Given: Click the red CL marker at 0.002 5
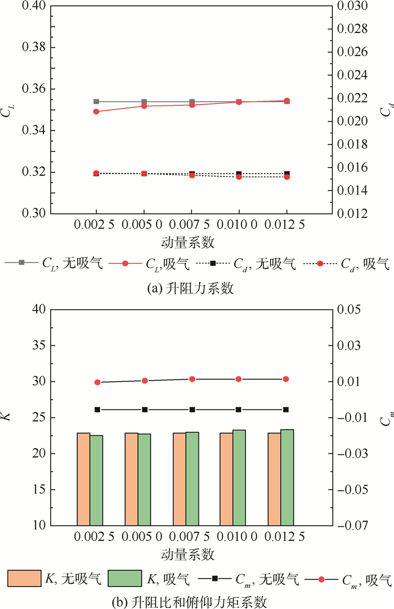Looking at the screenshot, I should [96, 111].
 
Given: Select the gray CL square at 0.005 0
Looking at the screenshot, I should [144, 102].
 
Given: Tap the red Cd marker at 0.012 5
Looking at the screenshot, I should [286, 177].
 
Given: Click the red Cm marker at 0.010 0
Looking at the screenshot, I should [239, 380].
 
